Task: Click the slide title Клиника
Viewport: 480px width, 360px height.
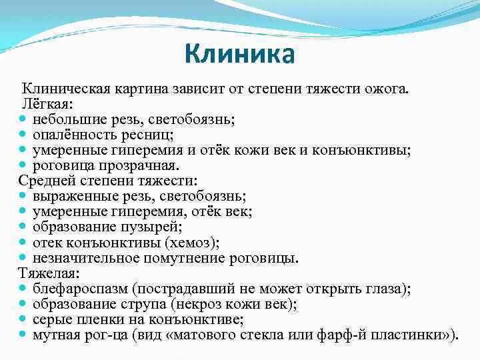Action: coord(239,54)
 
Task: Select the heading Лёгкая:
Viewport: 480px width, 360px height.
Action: coord(44,104)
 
